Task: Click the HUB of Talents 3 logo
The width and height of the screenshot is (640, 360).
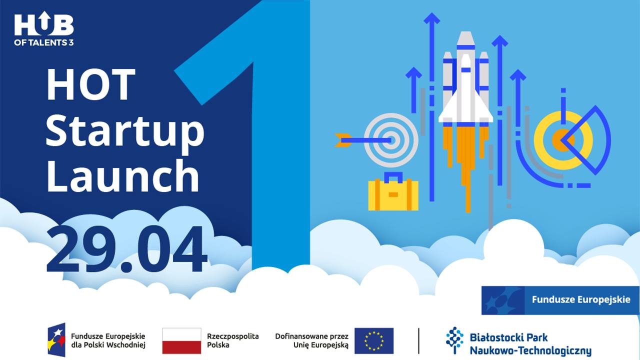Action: [44, 28]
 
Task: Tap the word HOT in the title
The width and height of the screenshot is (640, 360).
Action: [91, 84]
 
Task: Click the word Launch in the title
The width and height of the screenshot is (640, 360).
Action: [122, 175]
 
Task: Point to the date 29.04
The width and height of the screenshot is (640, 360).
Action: [126, 248]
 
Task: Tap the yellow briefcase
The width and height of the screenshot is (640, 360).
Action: [393, 191]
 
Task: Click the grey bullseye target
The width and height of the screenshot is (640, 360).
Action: [391, 140]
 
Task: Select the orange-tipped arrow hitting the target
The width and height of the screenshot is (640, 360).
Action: [363, 140]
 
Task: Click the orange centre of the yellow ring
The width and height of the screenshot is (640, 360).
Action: [562, 140]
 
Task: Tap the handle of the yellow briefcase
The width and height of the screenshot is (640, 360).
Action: [393, 177]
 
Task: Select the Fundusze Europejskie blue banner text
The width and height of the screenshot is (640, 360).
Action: [581, 299]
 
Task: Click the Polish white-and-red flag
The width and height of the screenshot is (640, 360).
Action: [181, 341]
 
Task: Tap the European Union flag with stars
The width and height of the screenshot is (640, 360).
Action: [374, 341]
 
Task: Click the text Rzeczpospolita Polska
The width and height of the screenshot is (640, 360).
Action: [233, 340]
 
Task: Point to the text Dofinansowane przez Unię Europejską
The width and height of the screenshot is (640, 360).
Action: [311, 340]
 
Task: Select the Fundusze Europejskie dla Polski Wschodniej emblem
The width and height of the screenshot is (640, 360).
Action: [56, 340]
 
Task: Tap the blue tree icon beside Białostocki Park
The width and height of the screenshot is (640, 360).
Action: [454, 340]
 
